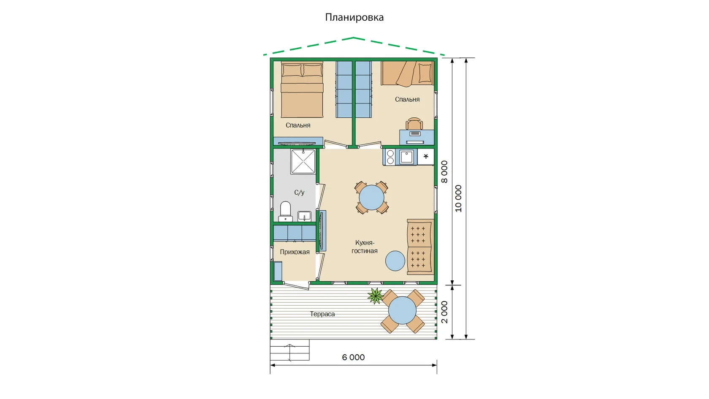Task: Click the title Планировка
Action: (x=354, y=17)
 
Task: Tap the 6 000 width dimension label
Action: (x=353, y=357)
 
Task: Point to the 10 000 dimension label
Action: (x=458, y=198)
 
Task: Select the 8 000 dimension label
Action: (x=444, y=171)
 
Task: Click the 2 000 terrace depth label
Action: (x=444, y=312)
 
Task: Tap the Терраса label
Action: (x=322, y=314)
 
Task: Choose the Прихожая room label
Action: (x=295, y=252)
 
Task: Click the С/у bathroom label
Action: (x=299, y=193)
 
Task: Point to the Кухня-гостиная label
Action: (x=365, y=247)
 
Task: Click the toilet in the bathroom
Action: (x=285, y=211)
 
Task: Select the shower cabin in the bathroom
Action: (x=303, y=161)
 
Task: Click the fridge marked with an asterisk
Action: (x=426, y=157)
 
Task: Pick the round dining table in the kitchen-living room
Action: (x=371, y=198)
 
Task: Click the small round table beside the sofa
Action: (x=395, y=261)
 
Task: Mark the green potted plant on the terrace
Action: (x=376, y=296)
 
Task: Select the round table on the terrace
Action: (x=402, y=310)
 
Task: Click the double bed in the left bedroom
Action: (x=302, y=90)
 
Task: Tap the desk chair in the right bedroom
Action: (x=414, y=123)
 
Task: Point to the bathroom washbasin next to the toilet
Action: (x=305, y=216)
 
